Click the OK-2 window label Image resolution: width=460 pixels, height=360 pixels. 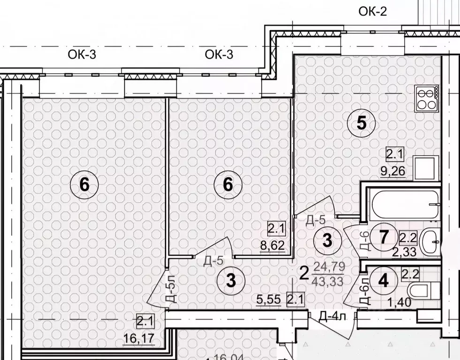point(373,11)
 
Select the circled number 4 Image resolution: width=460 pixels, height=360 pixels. point(383,281)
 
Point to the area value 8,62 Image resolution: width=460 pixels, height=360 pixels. point(276,245)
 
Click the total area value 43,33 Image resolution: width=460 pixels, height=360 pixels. point(331,282)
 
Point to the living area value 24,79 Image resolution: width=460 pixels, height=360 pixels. point(331,267)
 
